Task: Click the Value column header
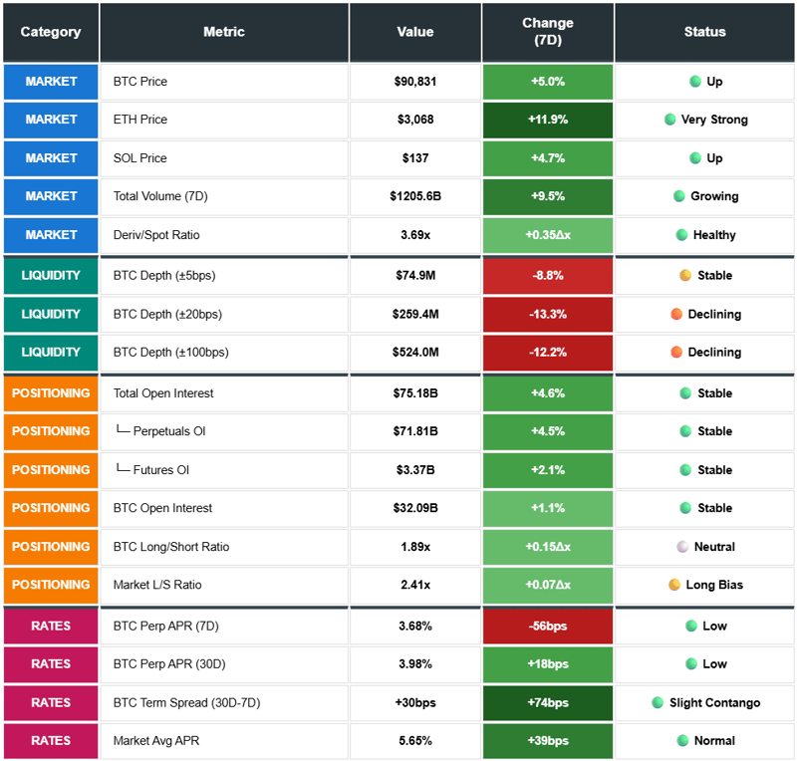click(414, 32)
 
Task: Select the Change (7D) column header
click(547, 32)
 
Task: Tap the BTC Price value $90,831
click(414, 82)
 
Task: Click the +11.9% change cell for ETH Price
click(547, 120)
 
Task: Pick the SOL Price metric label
click(139, 158)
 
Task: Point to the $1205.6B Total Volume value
click(414, 196)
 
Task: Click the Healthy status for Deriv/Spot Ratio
click(713, 235)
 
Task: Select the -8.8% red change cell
click(547, 276)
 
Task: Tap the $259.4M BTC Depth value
click(414, 315)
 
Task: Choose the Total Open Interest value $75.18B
click(414, 393)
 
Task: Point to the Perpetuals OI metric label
click(166, 431)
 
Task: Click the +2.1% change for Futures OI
click(547, 470)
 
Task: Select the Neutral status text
click(714, 547)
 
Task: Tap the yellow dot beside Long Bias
click(673, 585)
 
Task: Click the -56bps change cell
click(547, 627)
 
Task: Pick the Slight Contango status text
click(714, 703)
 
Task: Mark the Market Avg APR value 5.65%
click(414, 741)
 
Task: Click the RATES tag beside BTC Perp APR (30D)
click(51, 664)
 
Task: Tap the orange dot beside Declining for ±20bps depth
click(676, 315)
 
